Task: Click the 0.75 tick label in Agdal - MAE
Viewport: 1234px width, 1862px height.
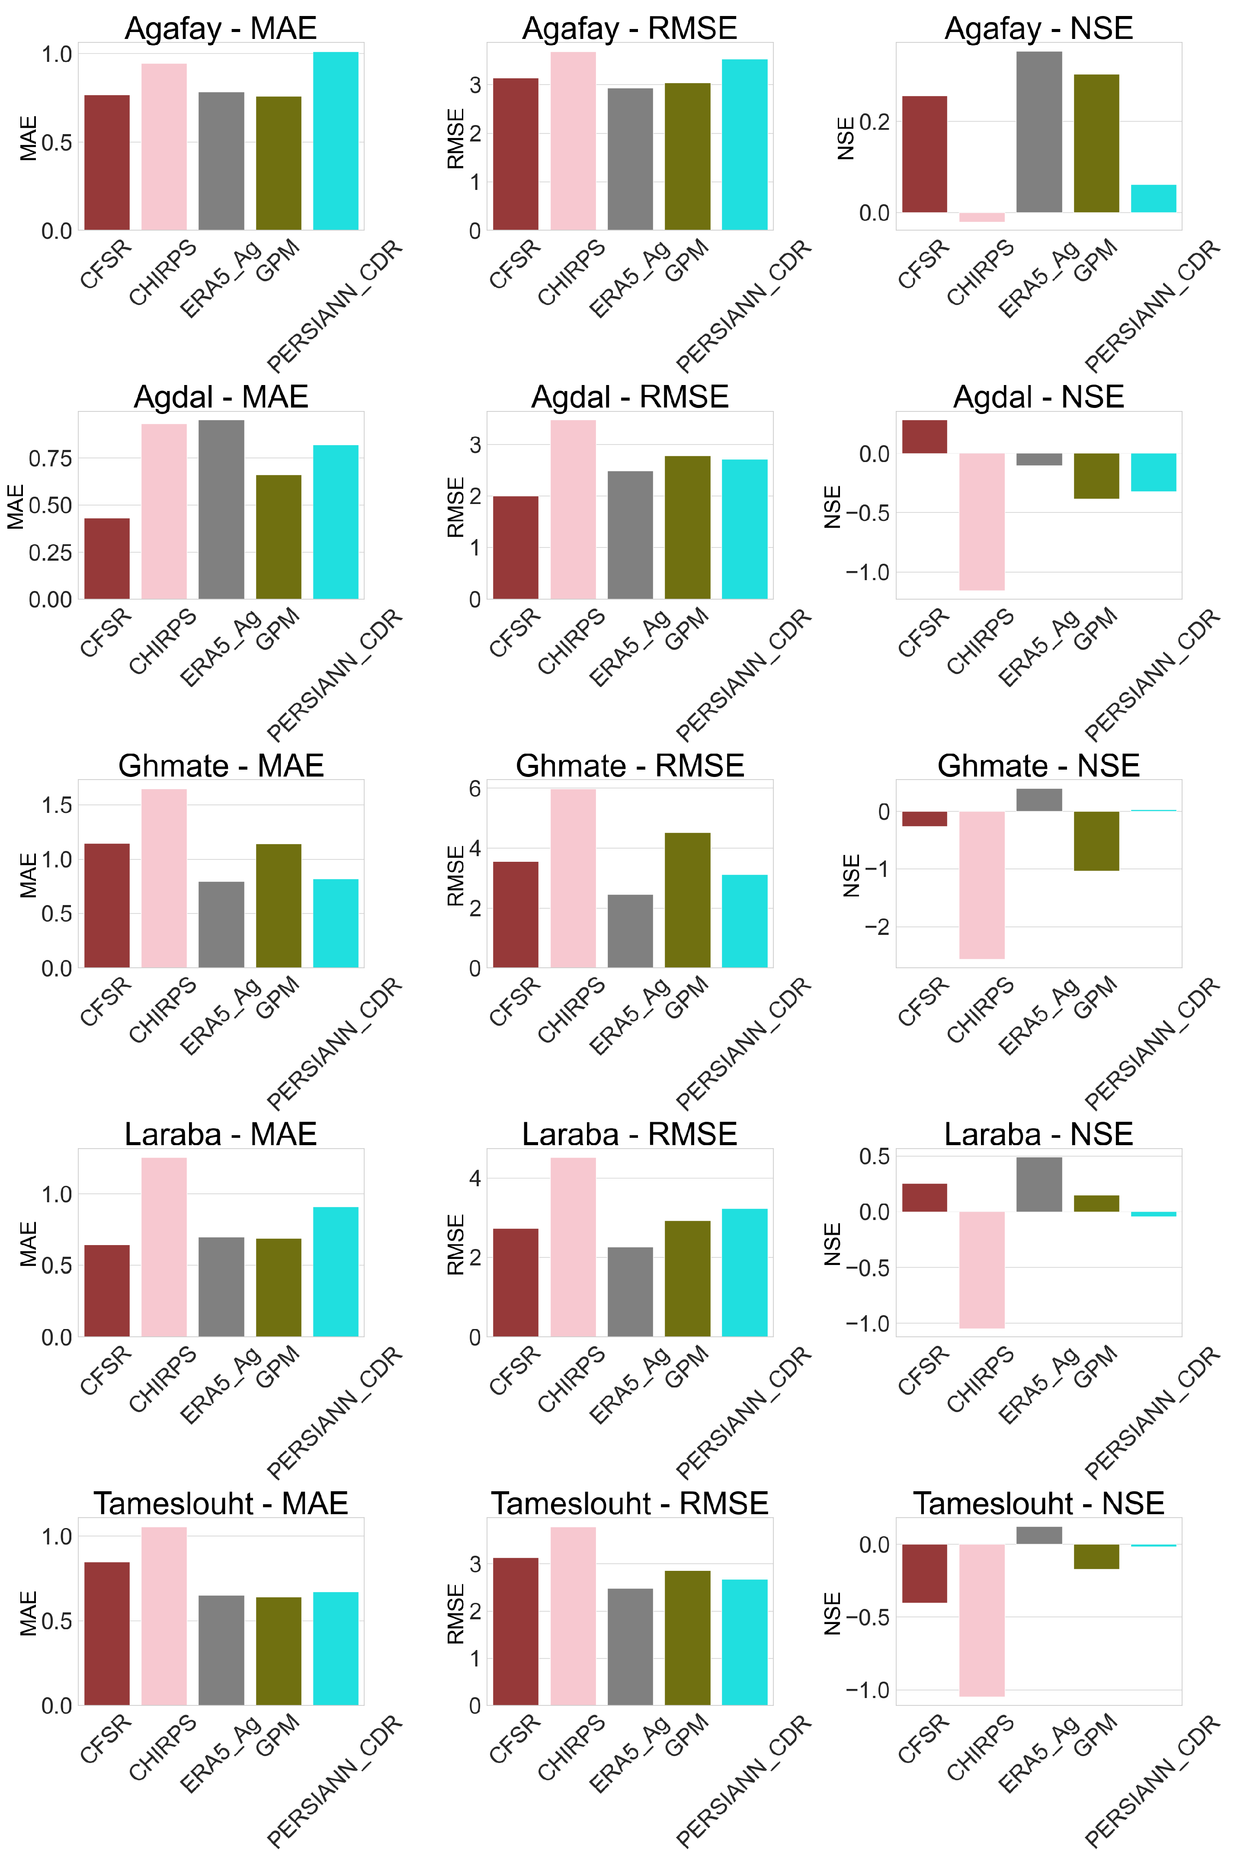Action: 50,459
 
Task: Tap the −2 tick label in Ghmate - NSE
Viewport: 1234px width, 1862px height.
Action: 877,927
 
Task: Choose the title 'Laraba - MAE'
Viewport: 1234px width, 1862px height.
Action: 220,1134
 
